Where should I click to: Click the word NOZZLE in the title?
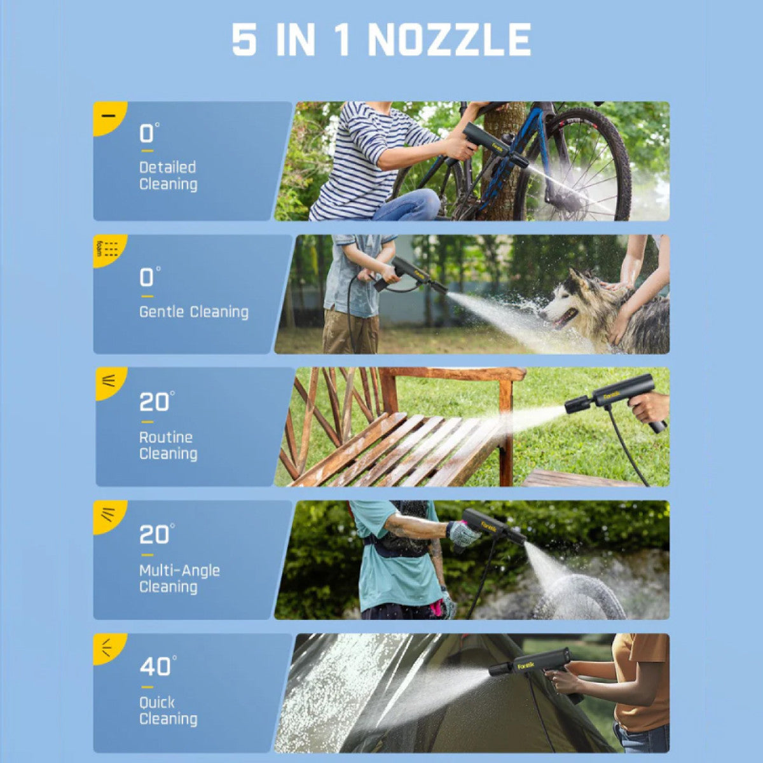(x=450, y=40)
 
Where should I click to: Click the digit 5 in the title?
(x=244, y=40)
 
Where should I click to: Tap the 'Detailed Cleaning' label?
(x=168, y=175)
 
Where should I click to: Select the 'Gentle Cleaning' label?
(x=194, y=312)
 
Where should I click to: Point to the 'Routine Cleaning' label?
(x=168, y=446)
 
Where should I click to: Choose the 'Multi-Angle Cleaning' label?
(x=179, y=579)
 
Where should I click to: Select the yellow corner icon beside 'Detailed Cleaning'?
(x=108, y=116)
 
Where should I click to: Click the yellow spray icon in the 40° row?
(x=107, y=648)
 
